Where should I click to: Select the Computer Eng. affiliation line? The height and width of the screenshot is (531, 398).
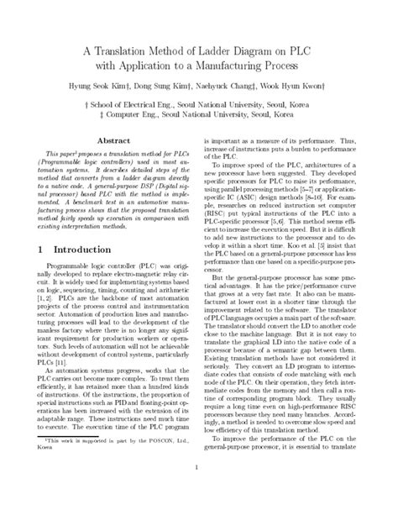(x=198, y=115)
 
